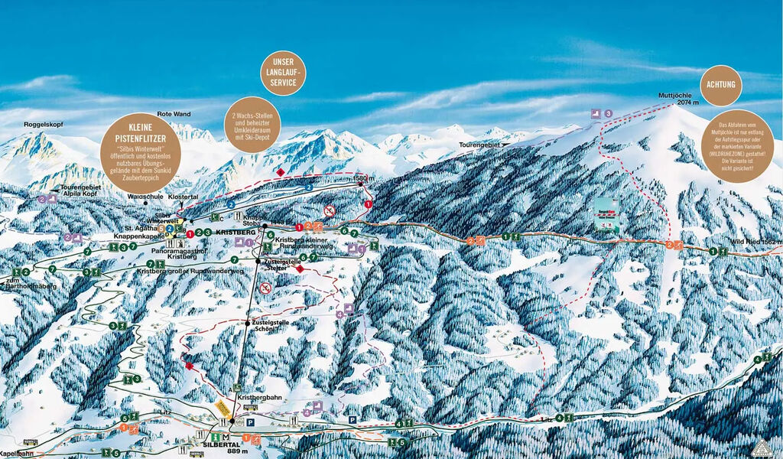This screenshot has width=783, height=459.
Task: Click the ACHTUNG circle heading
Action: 720,85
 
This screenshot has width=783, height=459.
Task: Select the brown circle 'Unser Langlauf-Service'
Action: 283,73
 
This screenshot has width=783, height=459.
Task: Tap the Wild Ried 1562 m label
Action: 755,243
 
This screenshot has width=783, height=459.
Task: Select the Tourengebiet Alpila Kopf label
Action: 79,190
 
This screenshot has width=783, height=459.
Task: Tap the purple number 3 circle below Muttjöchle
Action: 608,113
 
